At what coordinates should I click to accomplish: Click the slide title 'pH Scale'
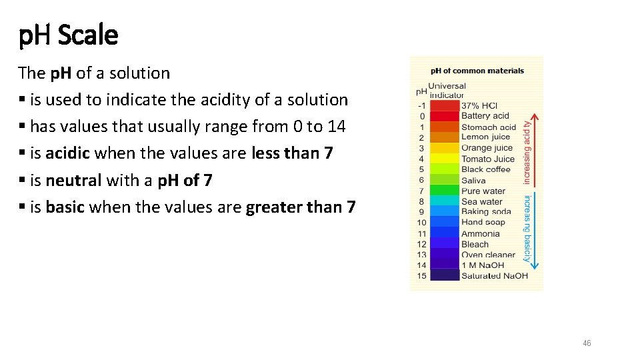[x=69, y=35]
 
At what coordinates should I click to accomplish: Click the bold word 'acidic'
[x=67, y=153]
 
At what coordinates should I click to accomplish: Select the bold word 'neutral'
[x=73, y=180]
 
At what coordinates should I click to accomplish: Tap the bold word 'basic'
[x=65, y=207]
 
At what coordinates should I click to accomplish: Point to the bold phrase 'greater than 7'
[x=301, y=207]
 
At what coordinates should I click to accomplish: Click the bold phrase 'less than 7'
[x=292, y=153]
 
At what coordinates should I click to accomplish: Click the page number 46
[x=587, y=343]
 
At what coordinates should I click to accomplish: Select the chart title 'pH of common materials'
[x=477, y=71]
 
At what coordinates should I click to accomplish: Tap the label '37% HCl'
[x=479, y=105]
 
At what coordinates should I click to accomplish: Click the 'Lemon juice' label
[x=485, y=137]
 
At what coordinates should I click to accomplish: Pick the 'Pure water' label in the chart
[x=483, y=191]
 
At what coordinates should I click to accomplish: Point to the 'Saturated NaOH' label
[x=494, y=276]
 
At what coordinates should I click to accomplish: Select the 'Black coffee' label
[x=485, y=169]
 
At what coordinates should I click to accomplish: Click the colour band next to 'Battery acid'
[x=444, y=116]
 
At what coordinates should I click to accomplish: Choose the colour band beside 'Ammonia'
[x=444, y=233]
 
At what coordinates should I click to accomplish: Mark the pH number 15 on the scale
[x=421, y=276]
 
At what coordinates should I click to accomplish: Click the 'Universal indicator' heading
[x=446, y=90]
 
